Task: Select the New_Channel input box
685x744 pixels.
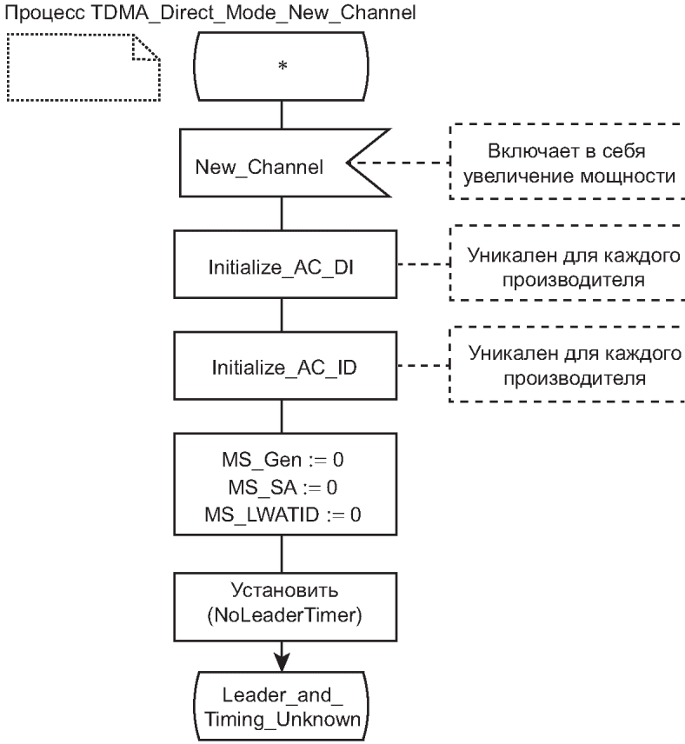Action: pyautogui.click(x=261, y=164)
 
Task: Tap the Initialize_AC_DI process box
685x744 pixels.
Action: pyautogui.click(x=281, y=266)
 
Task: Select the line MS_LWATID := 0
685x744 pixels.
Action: pyautogui.click(x=281, y=515)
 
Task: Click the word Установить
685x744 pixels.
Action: pyautogui.click(x=281, y=596)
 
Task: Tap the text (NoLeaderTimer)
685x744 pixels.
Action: pyautogui.click(x=281, y=621)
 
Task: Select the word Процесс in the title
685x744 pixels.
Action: pyautogui.click(x=36, y=13)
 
